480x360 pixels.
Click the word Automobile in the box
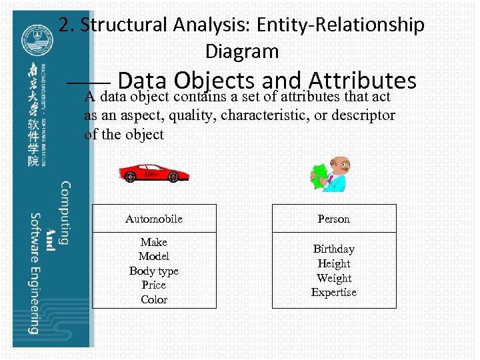point(153,219)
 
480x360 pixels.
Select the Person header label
point(333,219)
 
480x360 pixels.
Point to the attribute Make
point(153,242)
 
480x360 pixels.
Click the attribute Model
point(153,256)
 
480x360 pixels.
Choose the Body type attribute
point(153,271)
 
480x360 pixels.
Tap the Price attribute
point(153,285)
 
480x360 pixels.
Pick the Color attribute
point(153,299)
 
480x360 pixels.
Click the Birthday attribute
point(333,249)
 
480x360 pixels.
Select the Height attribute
point(333,263)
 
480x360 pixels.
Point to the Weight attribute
point(333,278)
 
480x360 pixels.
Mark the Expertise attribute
point(333,292)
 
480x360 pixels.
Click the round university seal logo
point(33,39)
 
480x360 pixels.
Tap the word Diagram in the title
point(241,51)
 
